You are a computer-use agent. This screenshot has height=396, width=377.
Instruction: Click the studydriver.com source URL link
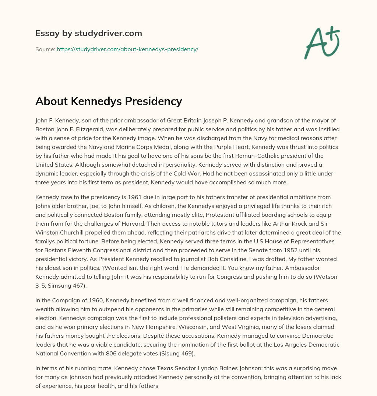[x=127, y=49]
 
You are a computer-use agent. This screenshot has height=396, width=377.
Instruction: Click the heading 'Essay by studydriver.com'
[x=89, y=33]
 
